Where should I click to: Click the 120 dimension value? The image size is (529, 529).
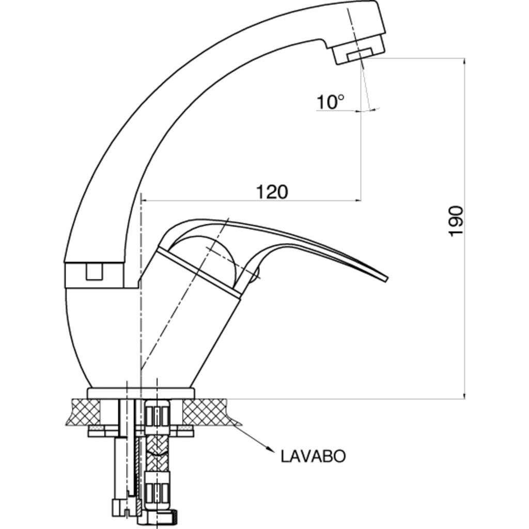coord(272,192)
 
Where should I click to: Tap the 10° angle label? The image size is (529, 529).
coord(330,102)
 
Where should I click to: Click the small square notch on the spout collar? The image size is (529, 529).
coord(94,271)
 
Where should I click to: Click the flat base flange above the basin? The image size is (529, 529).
coord(141,393)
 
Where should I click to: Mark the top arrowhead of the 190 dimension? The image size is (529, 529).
coord(464,61)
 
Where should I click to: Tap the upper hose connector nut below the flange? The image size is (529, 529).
coord(157,417)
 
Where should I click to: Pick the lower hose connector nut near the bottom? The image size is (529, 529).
coord(157,489)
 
